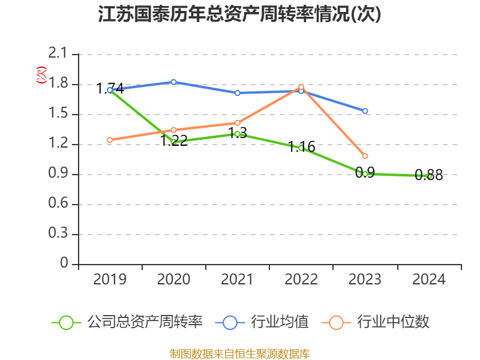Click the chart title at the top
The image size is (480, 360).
[239, 14]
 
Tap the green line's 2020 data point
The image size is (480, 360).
[173, 142]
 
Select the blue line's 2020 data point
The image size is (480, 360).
[173, 82]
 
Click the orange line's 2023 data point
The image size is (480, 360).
[365, 156]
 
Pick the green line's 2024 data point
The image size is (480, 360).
[429, 176]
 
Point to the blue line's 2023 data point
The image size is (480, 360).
[365, 111]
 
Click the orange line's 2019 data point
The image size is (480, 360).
[110, 140]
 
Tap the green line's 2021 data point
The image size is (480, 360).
[238, 134]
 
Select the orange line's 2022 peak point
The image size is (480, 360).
[301, 88]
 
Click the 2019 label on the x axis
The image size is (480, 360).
[110, 280]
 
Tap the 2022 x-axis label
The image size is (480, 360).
[301, 280]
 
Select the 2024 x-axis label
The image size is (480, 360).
[429, 280]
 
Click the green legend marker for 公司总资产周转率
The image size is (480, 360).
[66, 322]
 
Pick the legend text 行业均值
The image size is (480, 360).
[280, 322]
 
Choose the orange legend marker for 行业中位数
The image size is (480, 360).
[336, 322]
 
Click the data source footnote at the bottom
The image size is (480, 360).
[239, 353]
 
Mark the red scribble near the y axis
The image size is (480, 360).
[41, 74]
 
